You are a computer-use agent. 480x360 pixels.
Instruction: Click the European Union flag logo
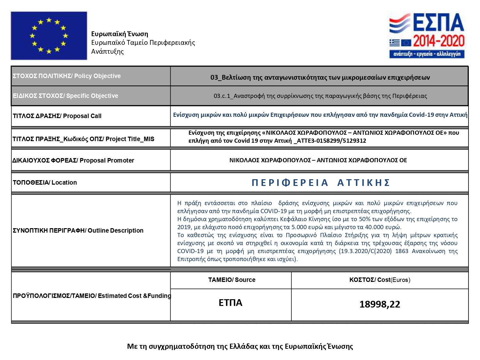pos(49,36)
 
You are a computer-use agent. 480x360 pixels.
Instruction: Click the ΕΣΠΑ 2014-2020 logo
pos(427,36)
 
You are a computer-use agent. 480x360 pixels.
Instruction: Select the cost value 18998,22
pos(380,304)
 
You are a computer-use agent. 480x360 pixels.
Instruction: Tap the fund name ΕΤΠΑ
pos(230,303)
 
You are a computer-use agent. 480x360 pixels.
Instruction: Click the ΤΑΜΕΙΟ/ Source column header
pos(232,280)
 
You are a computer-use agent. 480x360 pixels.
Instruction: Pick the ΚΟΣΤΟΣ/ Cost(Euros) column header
pos(380,280)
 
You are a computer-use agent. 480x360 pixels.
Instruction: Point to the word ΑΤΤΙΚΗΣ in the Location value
pos(364,183)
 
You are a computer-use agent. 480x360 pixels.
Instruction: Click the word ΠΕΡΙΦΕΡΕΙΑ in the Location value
pos(290,183)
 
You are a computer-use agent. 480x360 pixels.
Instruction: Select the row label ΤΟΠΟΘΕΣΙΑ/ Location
pos(45,183)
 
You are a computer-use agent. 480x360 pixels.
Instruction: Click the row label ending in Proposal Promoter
pos(73,160)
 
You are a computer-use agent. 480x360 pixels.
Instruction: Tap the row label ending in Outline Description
pos(78,230)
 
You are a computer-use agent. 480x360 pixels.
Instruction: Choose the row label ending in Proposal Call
pos(57,116)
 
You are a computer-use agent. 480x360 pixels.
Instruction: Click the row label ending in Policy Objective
pos(67,76)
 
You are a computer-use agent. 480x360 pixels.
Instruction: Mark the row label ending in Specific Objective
pos(65,96)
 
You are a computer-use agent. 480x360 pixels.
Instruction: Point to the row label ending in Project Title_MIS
pos(83,139)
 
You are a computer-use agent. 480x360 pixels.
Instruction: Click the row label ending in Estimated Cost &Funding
pos(92,296)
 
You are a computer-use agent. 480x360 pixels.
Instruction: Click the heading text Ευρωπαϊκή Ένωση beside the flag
pos(120,34)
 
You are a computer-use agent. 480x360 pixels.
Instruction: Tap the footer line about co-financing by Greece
pos(240,346)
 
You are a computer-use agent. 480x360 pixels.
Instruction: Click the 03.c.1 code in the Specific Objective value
pos(222,96)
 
